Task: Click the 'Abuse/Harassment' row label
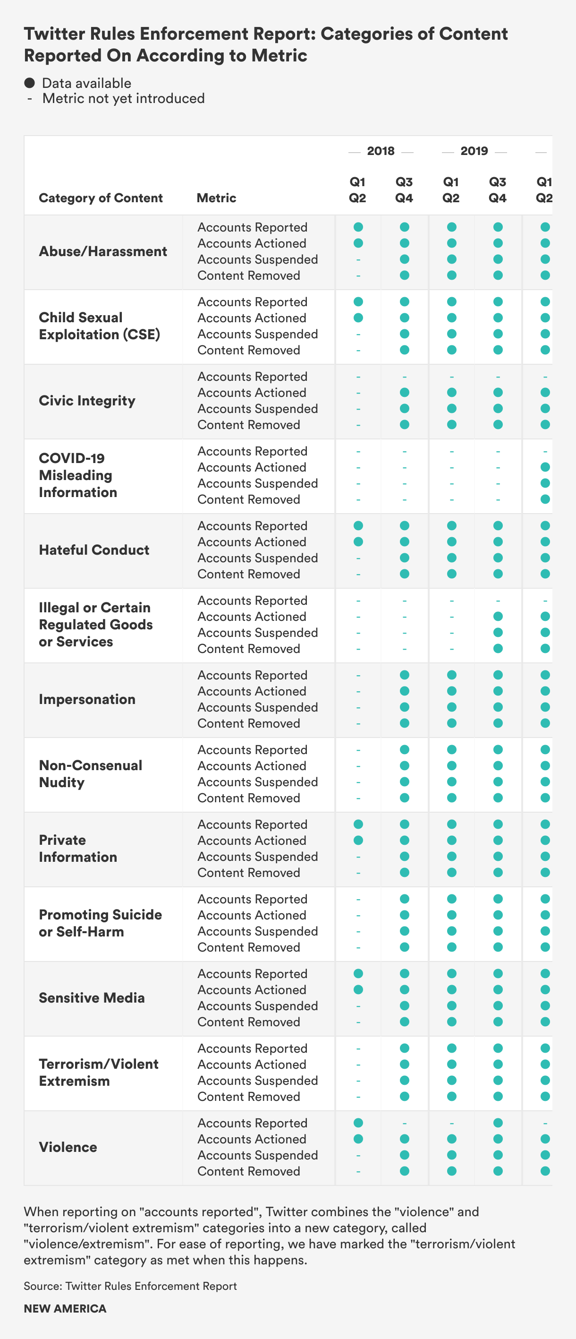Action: tap(103, 251)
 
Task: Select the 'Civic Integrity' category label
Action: tap(87, 401)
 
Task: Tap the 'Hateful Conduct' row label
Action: tap(94, 550)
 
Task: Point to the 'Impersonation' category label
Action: tap(87, 699)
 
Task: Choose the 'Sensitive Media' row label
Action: tap(92, 997)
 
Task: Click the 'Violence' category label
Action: tap(68, 1147)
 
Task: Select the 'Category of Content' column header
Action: tap(101, 198)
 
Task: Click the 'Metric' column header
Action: tap(217, 198)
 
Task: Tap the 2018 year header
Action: tap(381, 151)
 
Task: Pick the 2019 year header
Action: tap(474, 151)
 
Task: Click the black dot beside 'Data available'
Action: tap(30, 83)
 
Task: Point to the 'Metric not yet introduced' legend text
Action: tap(124, 99)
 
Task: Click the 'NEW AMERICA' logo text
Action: tap(65, 1308)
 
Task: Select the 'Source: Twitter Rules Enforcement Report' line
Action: tap(130, 1286)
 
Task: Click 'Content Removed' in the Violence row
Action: tap(249, 1171)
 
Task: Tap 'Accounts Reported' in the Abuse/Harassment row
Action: tap(253, 227)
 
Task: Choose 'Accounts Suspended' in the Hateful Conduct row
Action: tap(258, 558)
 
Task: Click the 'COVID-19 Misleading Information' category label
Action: tap(78, 475)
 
